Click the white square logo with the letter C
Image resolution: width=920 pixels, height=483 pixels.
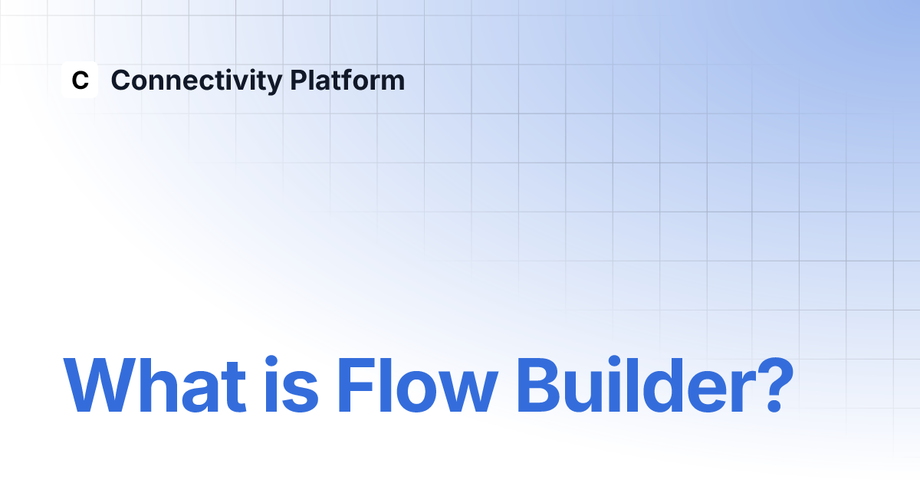coord(80,80)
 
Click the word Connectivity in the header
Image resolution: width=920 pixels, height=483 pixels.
coord(196,81)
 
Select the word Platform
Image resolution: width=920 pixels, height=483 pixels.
coord(347,80)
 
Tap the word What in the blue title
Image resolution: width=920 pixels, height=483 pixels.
coord(155,384)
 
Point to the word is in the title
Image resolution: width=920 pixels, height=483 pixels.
coord(291,384)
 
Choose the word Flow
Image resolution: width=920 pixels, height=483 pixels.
coord(418,384)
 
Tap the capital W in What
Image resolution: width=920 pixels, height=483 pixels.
coord(100,385)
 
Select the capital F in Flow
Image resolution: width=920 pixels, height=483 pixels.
coord(355,385)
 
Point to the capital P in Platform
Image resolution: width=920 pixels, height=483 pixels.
coord(299,80)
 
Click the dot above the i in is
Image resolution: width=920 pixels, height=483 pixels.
coord(271,362)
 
